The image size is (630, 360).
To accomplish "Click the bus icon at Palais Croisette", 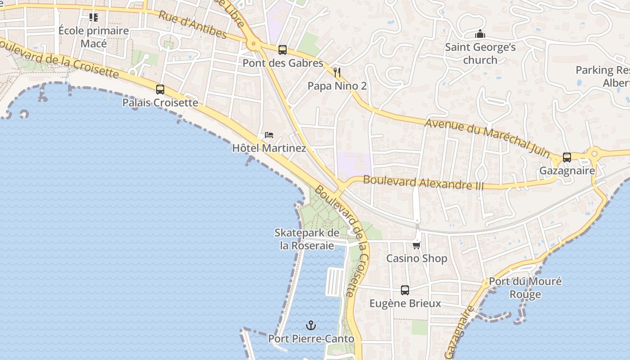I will pyautogui.click(x=160, y=89).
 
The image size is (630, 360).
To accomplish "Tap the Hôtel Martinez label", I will pyautogui.click(x=269, y=148).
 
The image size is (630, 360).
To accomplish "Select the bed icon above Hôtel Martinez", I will pyautogui.click(x=269, y=135).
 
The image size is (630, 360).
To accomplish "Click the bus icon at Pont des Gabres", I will pyautogui.click(x=283, y=49).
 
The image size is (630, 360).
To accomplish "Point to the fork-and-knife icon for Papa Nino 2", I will pyautogui.click(x=337, y=72).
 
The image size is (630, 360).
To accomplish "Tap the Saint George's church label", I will pyautogui.click(x=480, y=54).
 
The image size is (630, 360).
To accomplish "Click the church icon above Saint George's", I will pyautogui.click(x=480, y=34).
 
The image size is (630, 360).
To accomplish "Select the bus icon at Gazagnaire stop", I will pyautogui.click(x=567, y=157).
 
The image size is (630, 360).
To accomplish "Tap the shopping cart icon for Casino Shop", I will pyautogui.click(x=417, y=245).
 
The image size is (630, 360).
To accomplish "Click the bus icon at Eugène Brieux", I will pyautogui.click(x=405, y=290).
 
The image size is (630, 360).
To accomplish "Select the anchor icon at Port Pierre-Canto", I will pyautogui.click(x=310, y=325).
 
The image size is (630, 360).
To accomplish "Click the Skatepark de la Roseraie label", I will pyautogui.click(x=307, y=239).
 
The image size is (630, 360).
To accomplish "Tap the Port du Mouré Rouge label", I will pyautogui.click(x=525, y=288).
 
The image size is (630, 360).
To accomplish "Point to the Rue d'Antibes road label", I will pyautogui.click(x=193, y=24).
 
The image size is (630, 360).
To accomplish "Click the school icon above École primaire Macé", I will pyautogui.click(x=94, y=18).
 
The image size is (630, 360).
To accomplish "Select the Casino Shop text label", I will pyautogui.click(x=417, y=258).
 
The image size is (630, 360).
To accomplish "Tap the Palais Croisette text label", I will pyautogui.click(x=160, y=103).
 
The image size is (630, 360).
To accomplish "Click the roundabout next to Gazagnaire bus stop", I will pyautogui.click(x=594, y=153).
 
